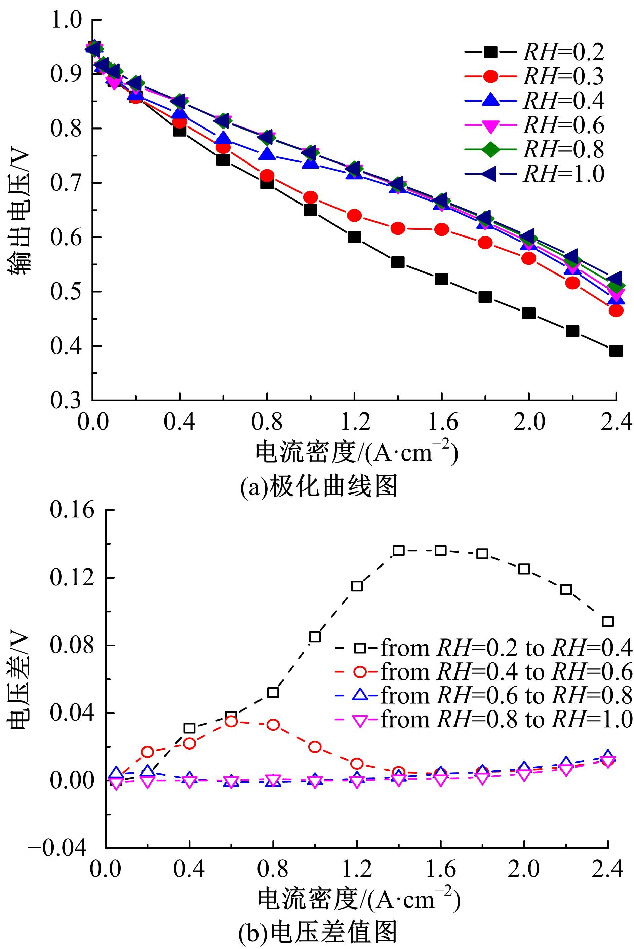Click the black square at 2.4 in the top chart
pyautogui.click(x=616, y=350)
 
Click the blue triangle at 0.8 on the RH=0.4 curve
pyautogui.click(x=267, y=154)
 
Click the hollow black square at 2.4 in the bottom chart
pyautogui.click(x=608, y=621)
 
